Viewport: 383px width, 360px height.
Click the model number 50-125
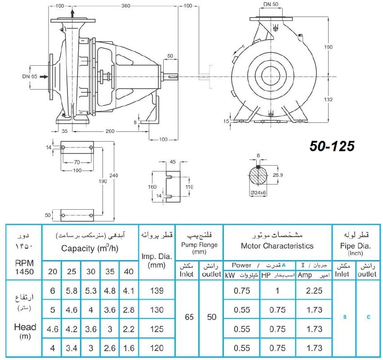point(332,146)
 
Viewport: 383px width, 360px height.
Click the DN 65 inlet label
point(30,76)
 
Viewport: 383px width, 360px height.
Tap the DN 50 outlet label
point(271,4)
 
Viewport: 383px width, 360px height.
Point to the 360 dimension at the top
point(125,5)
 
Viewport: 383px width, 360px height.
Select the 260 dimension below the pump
point(110,131)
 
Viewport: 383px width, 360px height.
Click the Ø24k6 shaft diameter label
point(258,193)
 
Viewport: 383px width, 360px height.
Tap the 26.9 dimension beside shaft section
point(277,175)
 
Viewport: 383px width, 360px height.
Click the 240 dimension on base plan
point(114,175)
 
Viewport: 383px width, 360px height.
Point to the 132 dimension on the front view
point(328,99)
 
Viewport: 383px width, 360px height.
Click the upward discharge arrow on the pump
point(72,13)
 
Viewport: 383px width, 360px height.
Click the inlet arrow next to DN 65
point(44,77)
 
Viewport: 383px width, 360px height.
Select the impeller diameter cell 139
point(157,291)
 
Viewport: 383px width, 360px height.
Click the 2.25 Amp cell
point(314,291)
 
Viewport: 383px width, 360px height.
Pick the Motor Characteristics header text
point(277,246)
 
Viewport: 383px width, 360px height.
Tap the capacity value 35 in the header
point(110,271)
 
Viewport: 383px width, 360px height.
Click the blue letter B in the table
point(345,317)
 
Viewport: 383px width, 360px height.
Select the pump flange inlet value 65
point(189,317)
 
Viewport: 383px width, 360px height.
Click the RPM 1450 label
point(24,267)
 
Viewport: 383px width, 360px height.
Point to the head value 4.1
point(129,291)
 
